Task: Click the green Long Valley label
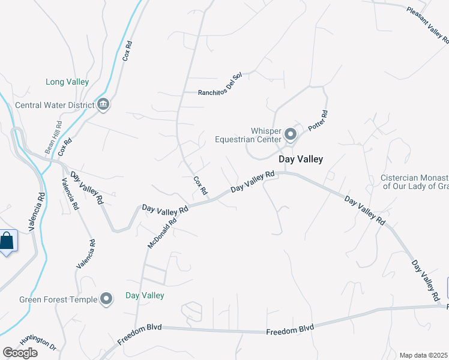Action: (67, 82)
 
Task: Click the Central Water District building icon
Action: (103, 105)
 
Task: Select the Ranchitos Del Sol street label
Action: (220, 92)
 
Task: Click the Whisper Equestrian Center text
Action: (248, 135)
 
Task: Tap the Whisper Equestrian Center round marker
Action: (291, 134)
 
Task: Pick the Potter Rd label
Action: (318, 121)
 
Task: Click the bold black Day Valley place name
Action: (301, 159)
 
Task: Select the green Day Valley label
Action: (145, 295)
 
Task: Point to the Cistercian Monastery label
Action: (414, 182)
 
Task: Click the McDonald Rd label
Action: (162, 233)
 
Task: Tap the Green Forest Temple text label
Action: (57, 299)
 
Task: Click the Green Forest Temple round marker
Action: (107, 299)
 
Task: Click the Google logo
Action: (20, 352)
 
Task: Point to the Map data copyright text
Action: (424, 355)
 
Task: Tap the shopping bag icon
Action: (7, 241)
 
